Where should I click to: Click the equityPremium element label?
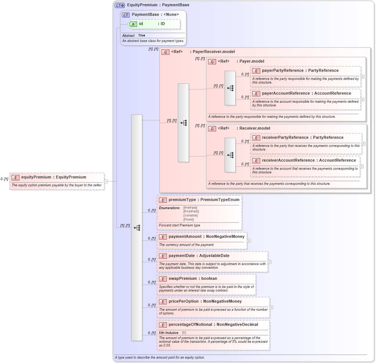pyautogui.click(x=53, y=177)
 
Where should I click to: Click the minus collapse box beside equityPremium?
pyautogui.click(x=106, y=181)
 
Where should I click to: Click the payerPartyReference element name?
pyautogui.click(x=300, y=70)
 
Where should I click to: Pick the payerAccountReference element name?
pyautogui.click(x=306, y=93)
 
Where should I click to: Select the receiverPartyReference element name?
pyautogui.click(x=302, y=137)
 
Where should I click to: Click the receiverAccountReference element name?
pyautogui.click(x=309, y=160)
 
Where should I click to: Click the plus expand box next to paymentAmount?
pyautogui.click(x=249, y=241)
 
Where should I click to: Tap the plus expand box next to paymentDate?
pyautogui.click(x=270, y=262)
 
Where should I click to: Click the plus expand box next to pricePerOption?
pyautogui.click(x=271, y=307)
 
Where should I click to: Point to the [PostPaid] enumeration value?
pyautogui.click(x=191, y=211)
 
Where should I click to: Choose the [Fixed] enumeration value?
pyautogui.click(x=189, y=219)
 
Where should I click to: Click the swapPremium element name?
pyautogui.click(x=193, y=278)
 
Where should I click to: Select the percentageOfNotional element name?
pyautogui.click(x=213, y=324)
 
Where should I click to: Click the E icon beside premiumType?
pyautogui.click(x=163, y=200)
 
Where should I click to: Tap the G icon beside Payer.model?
pyautogui.click(x=212, y=61)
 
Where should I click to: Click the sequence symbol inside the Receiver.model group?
pyautogui.click(x=230, y=155)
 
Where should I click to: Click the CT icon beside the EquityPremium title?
pyautogui.click(x=120, y=5)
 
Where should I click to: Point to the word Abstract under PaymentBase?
pyautogui.click(x=128, y=35)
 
